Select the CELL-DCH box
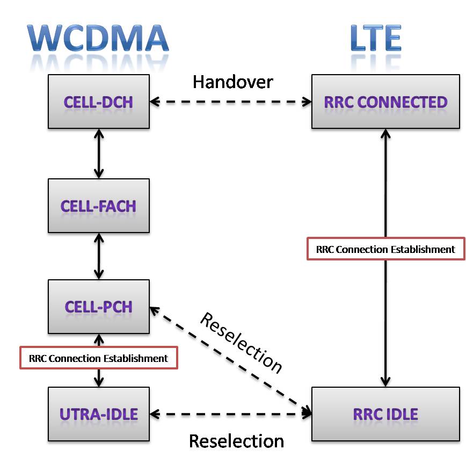click(98, 101)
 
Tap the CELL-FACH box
click(98, 206)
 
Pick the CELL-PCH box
click(98, 307)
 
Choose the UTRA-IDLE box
click(98, 414)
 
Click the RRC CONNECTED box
click(385, 101)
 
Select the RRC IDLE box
click(385, 414)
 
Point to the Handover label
click(233, 82)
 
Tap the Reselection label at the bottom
click(236, 441)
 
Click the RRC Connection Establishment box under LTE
click(385, 249)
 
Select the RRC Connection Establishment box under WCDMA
click(98, 358)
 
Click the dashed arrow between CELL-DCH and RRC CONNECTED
click(231, 101)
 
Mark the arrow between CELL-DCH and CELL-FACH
click(98, 154)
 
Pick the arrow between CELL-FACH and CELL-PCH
click(98, 256)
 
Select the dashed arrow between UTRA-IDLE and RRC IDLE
click(231, 414)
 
